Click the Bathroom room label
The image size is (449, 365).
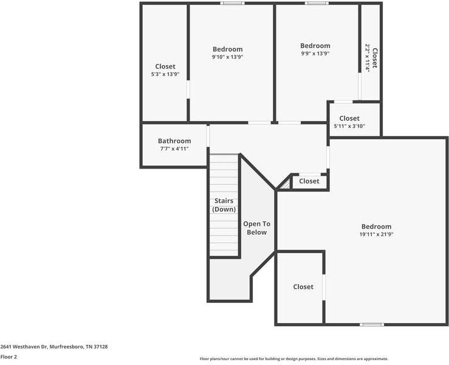(x=174, y=141)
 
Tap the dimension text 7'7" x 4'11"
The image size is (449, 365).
(x=174, y=148)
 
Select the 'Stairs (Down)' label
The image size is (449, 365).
(x=224, y=205)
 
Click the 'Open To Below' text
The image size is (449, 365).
(x=256, y=228)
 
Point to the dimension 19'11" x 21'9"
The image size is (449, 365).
(x=376, y=234)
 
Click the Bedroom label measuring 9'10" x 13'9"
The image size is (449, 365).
(x=227, y=49)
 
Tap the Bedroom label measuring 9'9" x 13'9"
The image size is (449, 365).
(x=315, y=46)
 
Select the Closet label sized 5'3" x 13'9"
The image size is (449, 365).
(x=165, y=66)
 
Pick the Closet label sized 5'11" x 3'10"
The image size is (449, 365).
(x=349, y=118)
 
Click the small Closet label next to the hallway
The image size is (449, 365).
(x=309, y=181)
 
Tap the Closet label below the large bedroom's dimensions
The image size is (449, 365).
(x=303, y=287)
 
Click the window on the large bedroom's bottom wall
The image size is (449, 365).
(x=372, y=324)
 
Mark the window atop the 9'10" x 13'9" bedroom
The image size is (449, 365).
(x=232, y=4)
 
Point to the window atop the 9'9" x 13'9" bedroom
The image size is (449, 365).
(x=317, y=4)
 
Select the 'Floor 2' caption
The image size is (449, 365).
(x=9, y=357)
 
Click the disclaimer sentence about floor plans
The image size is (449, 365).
(x=293, y=359)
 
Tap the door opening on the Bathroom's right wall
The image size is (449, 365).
(x=208, y=136)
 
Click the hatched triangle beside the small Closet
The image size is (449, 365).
(x=284, y=183)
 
